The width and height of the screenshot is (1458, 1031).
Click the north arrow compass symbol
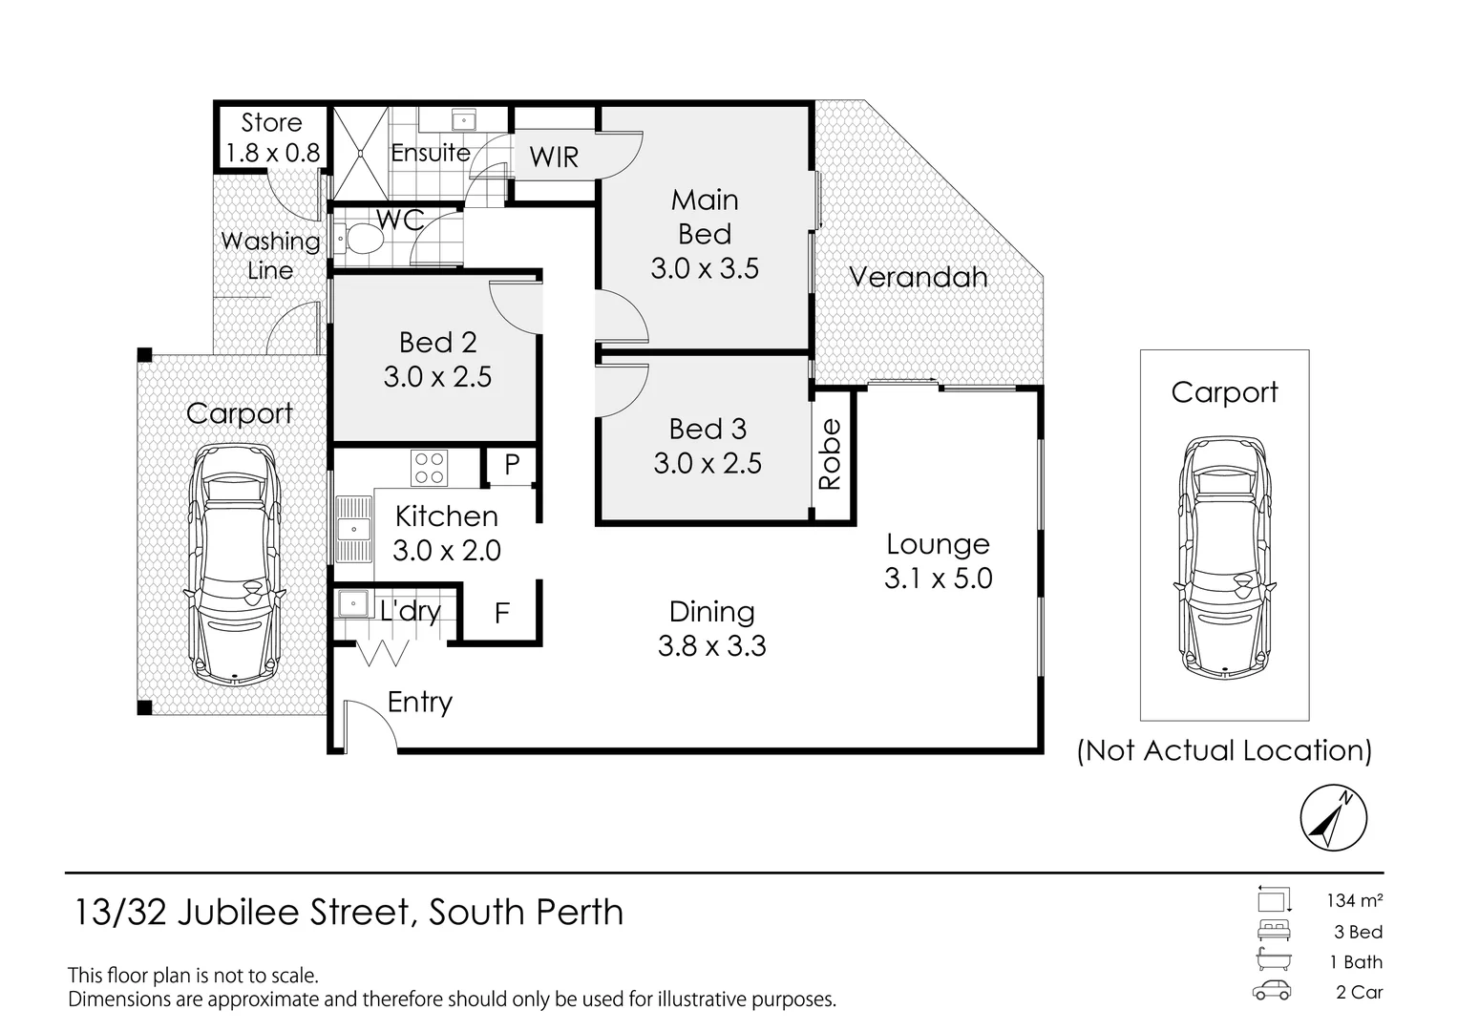point(1333,818)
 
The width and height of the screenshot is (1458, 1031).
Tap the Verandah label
point(918,277)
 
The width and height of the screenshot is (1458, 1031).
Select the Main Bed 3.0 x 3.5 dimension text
point(705,268)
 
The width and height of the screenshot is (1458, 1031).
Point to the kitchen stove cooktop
point(429,468)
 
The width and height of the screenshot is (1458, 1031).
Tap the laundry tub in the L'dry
point(352,603)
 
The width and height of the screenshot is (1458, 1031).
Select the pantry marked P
point(512,465)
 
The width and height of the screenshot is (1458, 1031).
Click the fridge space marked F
point(501,613)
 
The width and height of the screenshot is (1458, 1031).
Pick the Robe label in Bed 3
point(831,454)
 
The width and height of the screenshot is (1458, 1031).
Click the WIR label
point(554,157)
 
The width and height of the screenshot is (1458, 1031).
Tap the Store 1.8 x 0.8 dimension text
point(272,153)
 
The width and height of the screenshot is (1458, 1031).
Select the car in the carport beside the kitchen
point(235,563)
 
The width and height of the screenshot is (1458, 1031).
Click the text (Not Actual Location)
point(1224,750)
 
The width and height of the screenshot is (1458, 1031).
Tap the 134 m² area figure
point(1354,900)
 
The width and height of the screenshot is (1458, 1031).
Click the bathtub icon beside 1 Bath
point(1273,961)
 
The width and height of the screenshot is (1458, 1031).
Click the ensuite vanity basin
point(464,120)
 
